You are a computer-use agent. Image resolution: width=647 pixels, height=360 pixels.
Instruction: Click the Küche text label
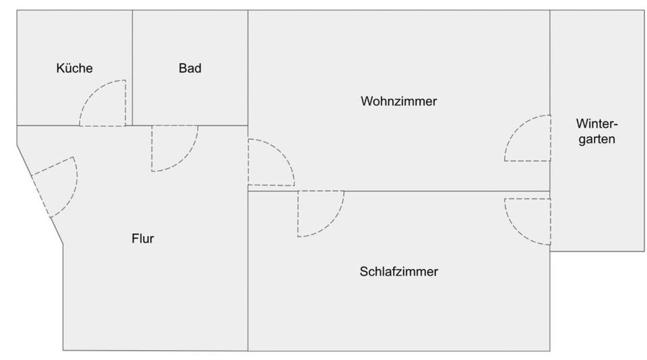tap(74, 68)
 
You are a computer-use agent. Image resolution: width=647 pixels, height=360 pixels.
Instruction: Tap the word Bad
tap(190, 68)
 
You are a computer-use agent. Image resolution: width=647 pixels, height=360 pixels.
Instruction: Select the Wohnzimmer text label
tap(399, 102)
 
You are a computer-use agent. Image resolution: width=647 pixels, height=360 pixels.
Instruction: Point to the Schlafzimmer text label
tap(399, 272)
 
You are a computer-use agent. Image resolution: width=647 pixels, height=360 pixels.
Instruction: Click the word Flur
tap(143, 238)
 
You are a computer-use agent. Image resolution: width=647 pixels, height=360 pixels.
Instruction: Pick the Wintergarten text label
tap(596, 133)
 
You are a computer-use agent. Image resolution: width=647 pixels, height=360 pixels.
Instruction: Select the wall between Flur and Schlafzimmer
tap(248, 283)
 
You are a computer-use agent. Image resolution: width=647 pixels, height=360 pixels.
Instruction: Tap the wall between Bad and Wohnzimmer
tap(248, 67)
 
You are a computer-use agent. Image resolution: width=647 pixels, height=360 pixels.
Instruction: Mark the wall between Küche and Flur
tap(47, 125)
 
